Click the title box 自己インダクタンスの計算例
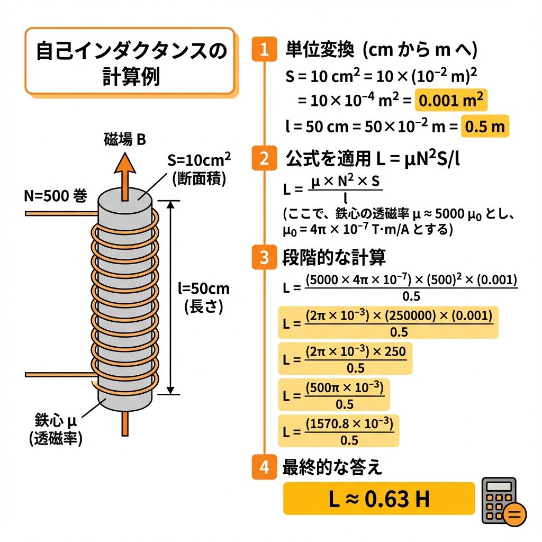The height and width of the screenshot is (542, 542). click(130, 62)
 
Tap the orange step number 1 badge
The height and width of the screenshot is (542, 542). click(263, 51)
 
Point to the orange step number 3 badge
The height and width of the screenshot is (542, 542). click(263, 257)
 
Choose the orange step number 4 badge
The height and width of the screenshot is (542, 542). click(263, 468)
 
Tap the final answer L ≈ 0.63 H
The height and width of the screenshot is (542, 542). click(379, 499)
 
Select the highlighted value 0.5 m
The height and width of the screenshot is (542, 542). click(485, 127)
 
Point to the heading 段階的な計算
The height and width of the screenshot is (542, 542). click(335, 257)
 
